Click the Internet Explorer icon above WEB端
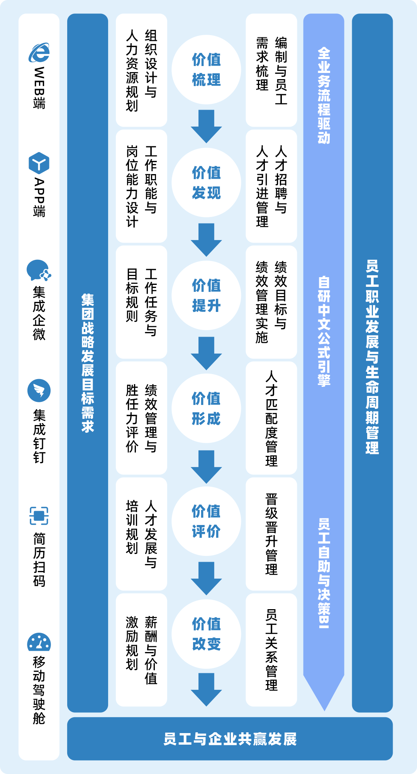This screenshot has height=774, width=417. pyautogui.click(x=39, y=53)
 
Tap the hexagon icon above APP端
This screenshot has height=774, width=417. pyautogui.click(x=39, y=163)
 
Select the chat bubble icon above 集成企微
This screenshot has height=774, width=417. pyautogui.click(x=39, y=270)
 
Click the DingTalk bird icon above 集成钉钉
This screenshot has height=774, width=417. pyautogui.click(x=39, y=391)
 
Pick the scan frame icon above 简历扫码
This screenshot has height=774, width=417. pyautogui.click(x=39, y=516)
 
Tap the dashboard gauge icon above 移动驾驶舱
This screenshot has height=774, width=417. pyautogui.click(x=39, y=642)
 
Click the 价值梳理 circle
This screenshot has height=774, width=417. pyautogui.click(x=206, y=70)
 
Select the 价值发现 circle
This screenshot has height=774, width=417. pyautogui.click(x=206, y=183)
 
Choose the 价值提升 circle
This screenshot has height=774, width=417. pyautogui.click(x=206, y=296)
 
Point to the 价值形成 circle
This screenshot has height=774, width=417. pyautogui.click(x=206, y=408)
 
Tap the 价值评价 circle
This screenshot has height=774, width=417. pyautogui.click(x=206, y=522)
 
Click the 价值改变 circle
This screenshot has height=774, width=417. pyautogui.click(x=206, y=634)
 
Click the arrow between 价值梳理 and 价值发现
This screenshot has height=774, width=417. pyautogui.click(x=206, y=126)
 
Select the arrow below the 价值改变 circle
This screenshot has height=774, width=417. pyautogui.click(x=206, y=689)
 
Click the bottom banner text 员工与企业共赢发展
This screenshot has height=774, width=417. pyautogui.click(x=230, y=739)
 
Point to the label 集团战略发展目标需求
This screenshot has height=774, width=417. pyautogui.click(x=88, y=363)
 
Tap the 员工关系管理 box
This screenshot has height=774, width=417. pyautogui.click(x=271, y=650)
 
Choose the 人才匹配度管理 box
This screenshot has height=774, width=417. pyautogui.click(x=271, y=418)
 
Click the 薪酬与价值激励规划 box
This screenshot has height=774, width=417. pyautogui.click(x=141, y=650)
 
